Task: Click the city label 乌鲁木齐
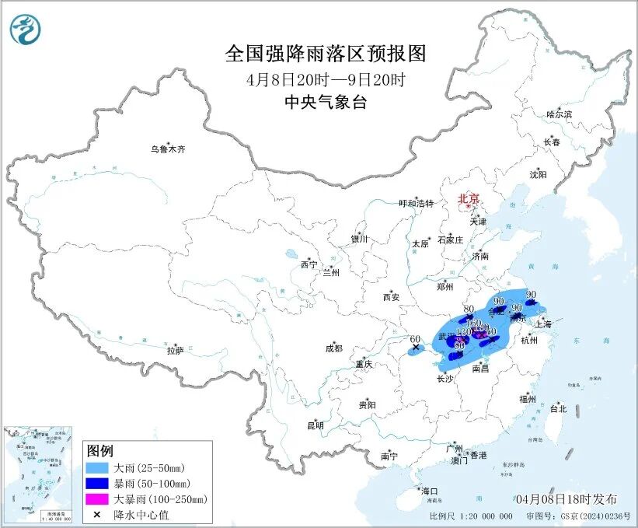click(169, 149)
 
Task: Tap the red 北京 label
click(468, 199)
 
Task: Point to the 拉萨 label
click(175, 351)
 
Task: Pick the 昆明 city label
click(315, 425)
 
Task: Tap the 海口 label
click(430, 491)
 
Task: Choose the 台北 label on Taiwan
click(558, 408)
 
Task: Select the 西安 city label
click(390, 296)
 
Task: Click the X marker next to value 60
click(416, 348)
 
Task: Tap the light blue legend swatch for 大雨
click(99, 468)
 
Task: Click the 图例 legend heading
click(100, 451)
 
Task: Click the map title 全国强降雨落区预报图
click(326, 53)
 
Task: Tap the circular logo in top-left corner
click(26, 30)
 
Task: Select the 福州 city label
click(528, 399)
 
